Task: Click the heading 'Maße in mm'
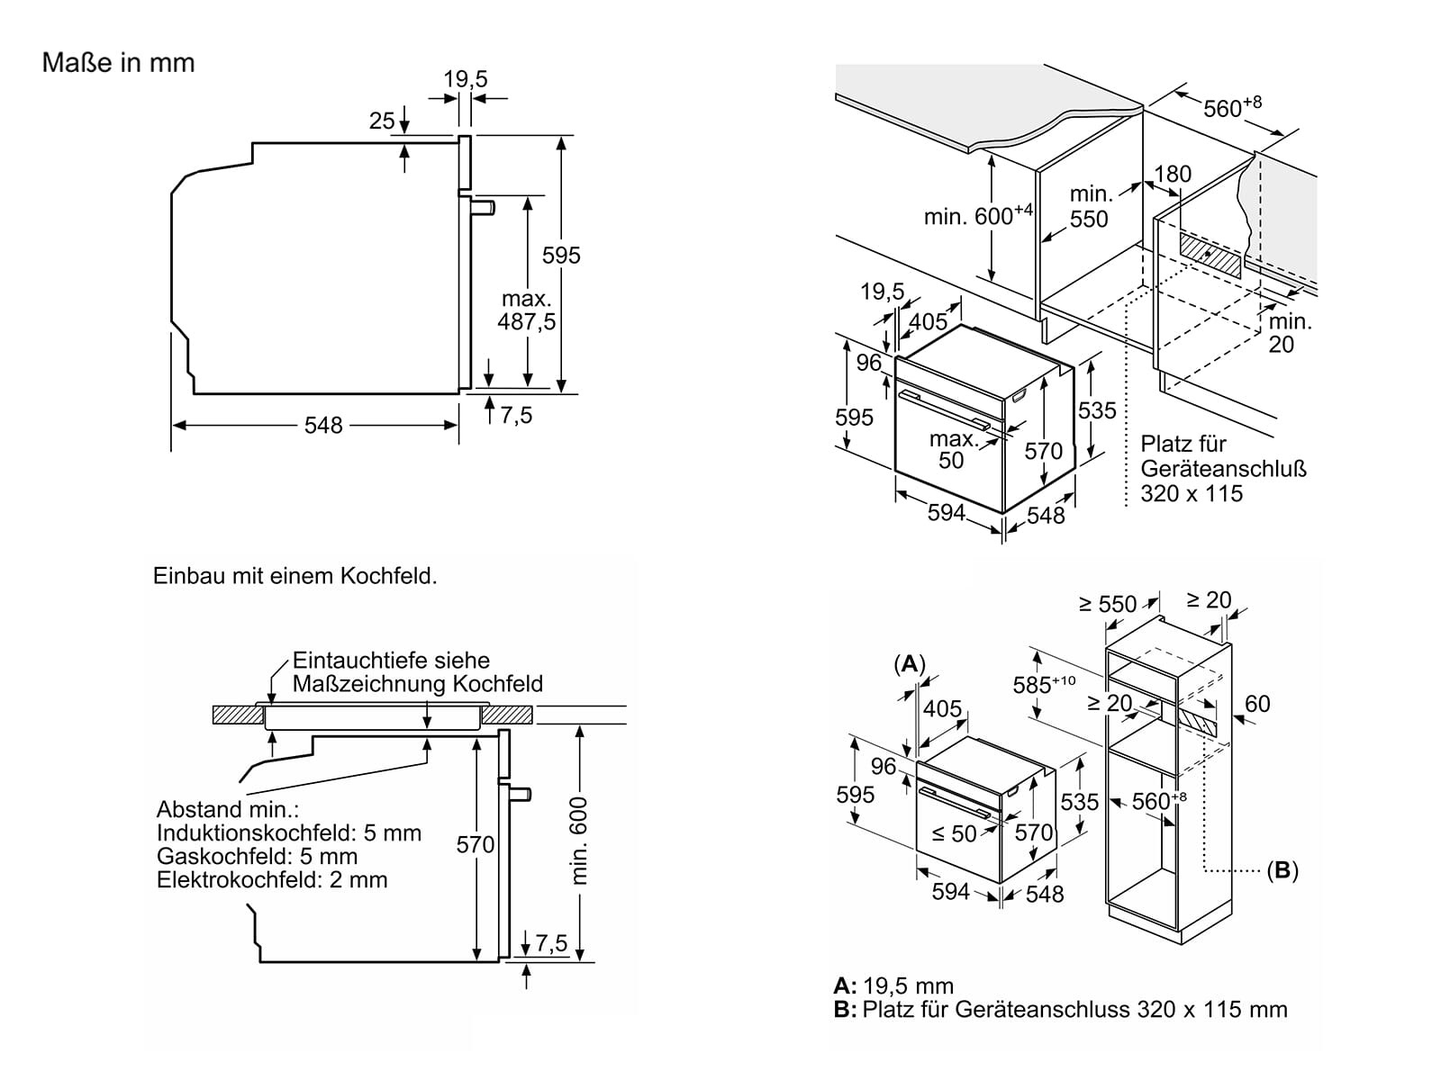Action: [118, 63]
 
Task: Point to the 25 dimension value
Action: [382, 121]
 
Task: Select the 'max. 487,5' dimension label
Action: [527, 310]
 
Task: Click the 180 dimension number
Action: [1173, 174]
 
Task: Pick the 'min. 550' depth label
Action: [1089, 206]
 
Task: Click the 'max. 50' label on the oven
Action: [952, 449]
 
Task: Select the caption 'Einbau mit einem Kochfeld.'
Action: [295, 576]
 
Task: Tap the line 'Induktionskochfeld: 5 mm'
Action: [288, 833]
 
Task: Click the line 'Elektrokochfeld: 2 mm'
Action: [272, 879]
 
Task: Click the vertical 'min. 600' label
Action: [579, 840]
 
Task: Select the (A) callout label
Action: [910, 664]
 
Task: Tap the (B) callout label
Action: [1282, 870]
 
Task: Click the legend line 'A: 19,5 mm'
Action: [893, 985]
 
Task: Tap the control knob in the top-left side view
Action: [485, 208]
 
